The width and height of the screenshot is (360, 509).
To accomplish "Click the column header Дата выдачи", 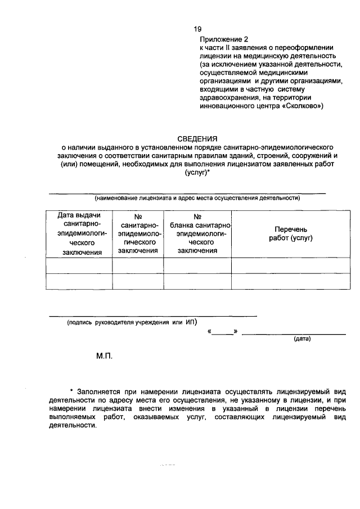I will click(x=79, y=216).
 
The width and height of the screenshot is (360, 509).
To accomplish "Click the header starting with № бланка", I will click(x=197, y=233).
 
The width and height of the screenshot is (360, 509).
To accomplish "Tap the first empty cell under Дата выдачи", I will click(x=79, y=265).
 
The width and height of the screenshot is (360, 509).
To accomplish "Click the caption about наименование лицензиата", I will click(x=197, y=198).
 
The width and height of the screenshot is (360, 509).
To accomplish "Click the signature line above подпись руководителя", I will click(x=152, y=316).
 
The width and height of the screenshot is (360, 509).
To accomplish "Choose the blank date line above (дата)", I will click(x=294, y=334).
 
